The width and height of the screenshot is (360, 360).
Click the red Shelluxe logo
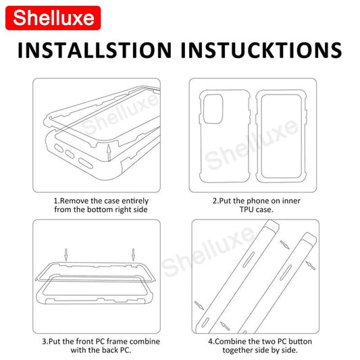click(53, 18)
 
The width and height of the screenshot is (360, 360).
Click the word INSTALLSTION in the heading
click(95, 50)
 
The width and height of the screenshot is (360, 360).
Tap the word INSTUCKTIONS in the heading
click(261, 50)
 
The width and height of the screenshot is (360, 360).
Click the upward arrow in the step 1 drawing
click(109, 153)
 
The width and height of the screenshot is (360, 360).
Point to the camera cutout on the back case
click(213, 109)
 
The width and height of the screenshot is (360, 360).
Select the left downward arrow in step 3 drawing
click(66, 255)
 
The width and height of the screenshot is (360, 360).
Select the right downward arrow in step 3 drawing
click(133, 255)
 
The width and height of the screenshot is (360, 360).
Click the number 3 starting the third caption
click(44, 341)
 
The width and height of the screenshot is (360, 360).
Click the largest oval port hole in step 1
click(86, 163)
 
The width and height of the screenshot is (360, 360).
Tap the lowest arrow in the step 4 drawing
click(225, 326)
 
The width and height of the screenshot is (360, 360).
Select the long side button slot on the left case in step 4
click(249, 259)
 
